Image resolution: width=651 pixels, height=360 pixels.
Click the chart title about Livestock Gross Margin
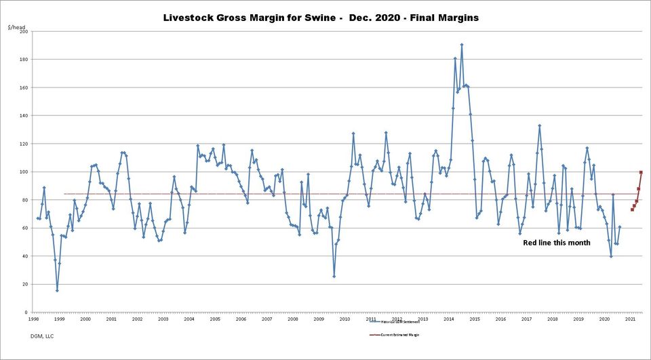point(321,18)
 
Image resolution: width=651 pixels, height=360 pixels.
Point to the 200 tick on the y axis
point(23,31)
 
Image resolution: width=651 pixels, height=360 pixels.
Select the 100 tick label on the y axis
point(23,172)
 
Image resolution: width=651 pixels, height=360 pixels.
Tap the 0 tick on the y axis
point(26,313)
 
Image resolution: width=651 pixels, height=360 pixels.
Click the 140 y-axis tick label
point(23,116)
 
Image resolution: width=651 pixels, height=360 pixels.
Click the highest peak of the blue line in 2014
point(462,45)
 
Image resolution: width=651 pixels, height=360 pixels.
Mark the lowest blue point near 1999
point(57,290)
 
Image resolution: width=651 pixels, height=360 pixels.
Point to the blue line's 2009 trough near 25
point(334,276)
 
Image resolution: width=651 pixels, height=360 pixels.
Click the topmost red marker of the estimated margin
point(641,172)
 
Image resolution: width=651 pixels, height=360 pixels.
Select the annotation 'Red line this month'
point(556,243)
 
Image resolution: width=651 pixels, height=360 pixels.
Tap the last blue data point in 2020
point(620,227)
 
